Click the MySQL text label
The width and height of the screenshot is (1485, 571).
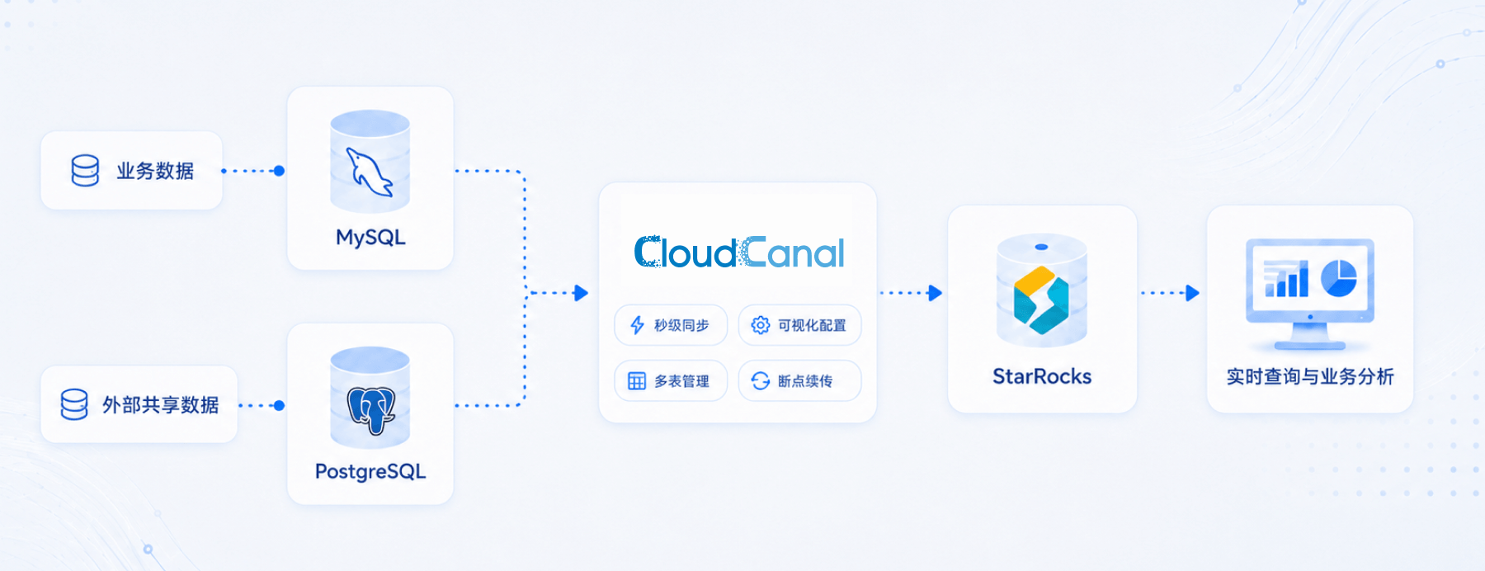tap(370, 238)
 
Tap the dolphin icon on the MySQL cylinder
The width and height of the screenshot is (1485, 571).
tap(369, 172)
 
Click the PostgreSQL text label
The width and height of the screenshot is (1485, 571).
tap(370, 472)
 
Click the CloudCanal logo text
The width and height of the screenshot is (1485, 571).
tap(739, 252)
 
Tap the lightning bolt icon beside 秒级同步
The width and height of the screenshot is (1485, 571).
tap(637, 325)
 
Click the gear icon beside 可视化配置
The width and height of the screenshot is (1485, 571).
tap(761, 325)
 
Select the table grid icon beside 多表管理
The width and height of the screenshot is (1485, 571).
tap(637, 381)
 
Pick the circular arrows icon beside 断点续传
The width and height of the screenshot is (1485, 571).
tap(761, 381)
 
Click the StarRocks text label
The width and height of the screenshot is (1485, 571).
tap(1042, 377)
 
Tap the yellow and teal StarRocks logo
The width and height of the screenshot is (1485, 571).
tap(1041, 300)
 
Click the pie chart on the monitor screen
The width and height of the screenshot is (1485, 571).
tap(1339, 278)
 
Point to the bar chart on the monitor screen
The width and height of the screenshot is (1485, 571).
tap(1286, 279)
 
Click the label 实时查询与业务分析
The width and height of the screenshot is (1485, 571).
tap(1310, 377)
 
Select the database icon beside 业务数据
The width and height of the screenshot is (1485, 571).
tap(85, 171)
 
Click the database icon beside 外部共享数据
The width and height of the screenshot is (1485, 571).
tap(74, 405)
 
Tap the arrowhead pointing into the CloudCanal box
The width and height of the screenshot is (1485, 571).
tap(581, 293)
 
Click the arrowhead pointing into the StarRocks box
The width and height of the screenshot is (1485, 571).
tap(935, 293)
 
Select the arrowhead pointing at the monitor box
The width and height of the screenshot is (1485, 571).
tap(1192, 293)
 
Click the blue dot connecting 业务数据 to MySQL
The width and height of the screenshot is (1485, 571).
tap(279, 171)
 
